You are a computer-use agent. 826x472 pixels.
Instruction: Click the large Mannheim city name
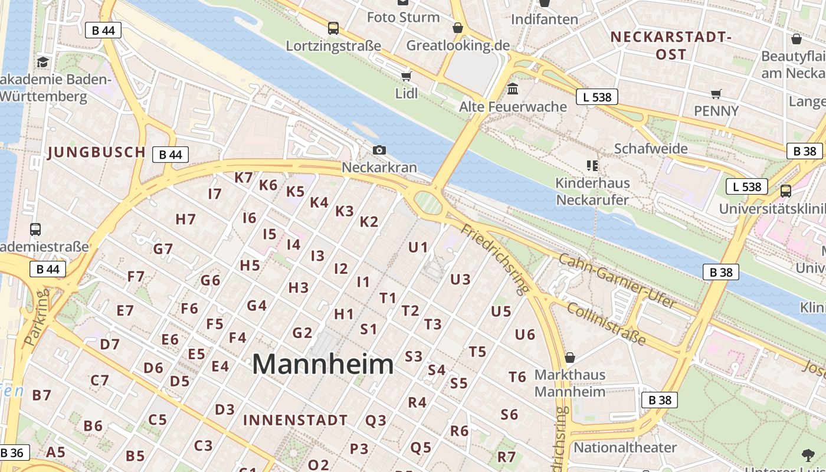(323, 364)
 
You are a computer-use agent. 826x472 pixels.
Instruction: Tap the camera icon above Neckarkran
(379, 150)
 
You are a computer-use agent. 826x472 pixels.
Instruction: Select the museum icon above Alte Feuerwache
(513, 89)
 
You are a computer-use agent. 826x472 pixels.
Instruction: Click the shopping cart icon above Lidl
(406, 76)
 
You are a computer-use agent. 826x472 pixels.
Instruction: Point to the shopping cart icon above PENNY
(716, 94)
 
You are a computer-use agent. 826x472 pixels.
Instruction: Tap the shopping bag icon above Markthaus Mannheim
(570, 358)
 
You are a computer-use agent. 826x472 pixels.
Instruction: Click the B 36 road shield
(12, 453)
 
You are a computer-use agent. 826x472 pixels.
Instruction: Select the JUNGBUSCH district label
(97, 152)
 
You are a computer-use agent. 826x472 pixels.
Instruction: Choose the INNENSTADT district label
(296, 421)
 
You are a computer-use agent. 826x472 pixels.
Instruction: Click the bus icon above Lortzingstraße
(333, 28)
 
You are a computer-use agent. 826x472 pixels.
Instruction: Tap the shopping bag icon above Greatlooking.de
(458, 28)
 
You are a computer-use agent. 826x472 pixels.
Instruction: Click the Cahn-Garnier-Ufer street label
(617, 280)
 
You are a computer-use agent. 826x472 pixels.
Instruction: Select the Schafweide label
(651, 149)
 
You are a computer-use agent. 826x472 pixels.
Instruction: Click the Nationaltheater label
(625, 447)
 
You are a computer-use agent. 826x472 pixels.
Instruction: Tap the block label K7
(243, 178)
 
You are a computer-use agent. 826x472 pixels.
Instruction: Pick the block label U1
(418, 247)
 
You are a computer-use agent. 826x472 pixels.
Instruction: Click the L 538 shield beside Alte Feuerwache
(597, 97)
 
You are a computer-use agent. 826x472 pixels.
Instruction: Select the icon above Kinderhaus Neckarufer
(592, 166)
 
